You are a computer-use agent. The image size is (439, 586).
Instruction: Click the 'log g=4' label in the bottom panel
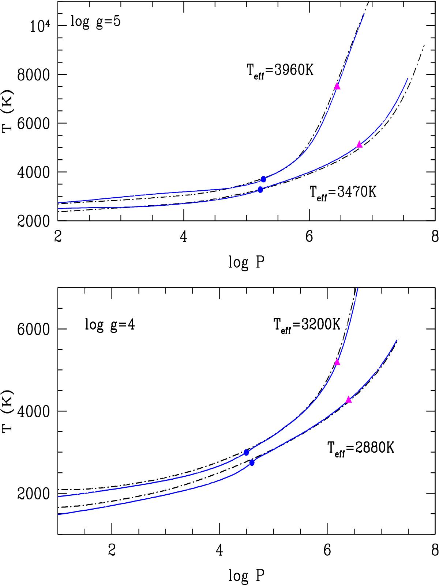pyautogui.click(x=110, y=324)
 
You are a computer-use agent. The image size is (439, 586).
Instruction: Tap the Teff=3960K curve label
pyautogui.click(x=280, y=71)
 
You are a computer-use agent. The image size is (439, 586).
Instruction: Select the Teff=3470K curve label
pyautogui.click(x=343, y=192)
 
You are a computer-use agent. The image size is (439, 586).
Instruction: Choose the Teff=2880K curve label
pyautogui.click(x=360, y=448)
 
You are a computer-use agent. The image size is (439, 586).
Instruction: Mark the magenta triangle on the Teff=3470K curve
pyautogui.click(x=359, y=145)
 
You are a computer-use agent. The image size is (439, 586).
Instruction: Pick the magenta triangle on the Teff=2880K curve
pyautogui.click(x=348, y=400)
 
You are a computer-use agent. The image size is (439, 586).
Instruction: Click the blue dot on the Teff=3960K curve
pyautogui.click(x=263, y=179)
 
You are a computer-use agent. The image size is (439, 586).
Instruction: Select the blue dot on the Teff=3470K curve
pyautogui.click(x=260, y=190)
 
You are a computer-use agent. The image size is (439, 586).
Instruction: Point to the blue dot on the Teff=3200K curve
pyautogui.click(x=246, y=453)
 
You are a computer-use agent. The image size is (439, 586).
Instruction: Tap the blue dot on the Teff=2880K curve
pyautogui.click(x=252, y=463)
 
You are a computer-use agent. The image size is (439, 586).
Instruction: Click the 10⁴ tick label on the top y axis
pyautogui.click(x=38, y=27)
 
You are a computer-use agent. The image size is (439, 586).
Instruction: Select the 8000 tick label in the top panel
pyautogui.click(x=34, y=75)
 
